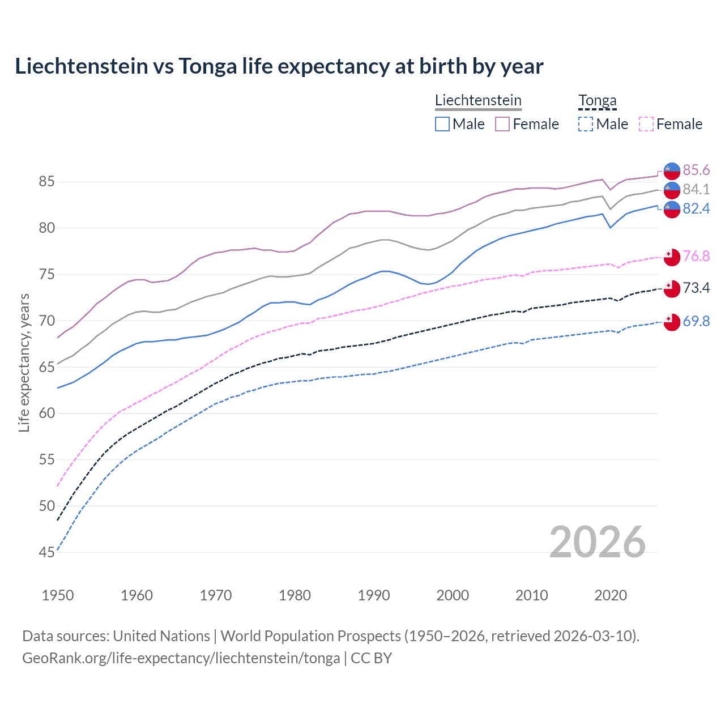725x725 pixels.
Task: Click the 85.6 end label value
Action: [696, 170]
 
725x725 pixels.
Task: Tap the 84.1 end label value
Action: [696, 189]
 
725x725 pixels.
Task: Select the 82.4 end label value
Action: [696, 209]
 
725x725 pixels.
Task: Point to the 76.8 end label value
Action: [696, 256]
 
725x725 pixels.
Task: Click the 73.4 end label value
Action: [696, 288]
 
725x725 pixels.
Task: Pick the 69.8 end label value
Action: [696, 321]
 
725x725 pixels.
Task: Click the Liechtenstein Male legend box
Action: [442, 124]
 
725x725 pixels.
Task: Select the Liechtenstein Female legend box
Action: [502, 124]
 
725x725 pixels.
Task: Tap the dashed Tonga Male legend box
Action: [586, 124]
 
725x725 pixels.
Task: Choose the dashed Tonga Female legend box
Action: [646, 124]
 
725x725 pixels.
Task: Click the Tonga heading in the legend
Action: [597, 101]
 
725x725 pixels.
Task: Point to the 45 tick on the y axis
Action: [46, 552]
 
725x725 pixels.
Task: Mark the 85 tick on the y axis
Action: [46, 182]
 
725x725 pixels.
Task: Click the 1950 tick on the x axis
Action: [58, 595]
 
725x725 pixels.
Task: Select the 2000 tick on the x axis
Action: [453, 595]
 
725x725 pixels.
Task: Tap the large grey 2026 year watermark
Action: [597, 542]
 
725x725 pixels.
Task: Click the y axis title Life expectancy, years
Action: [24, 362]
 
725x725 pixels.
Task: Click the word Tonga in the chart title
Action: [208, 66]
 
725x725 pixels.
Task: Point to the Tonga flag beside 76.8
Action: [672, 257]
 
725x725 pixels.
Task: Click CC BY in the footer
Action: [371, 658]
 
